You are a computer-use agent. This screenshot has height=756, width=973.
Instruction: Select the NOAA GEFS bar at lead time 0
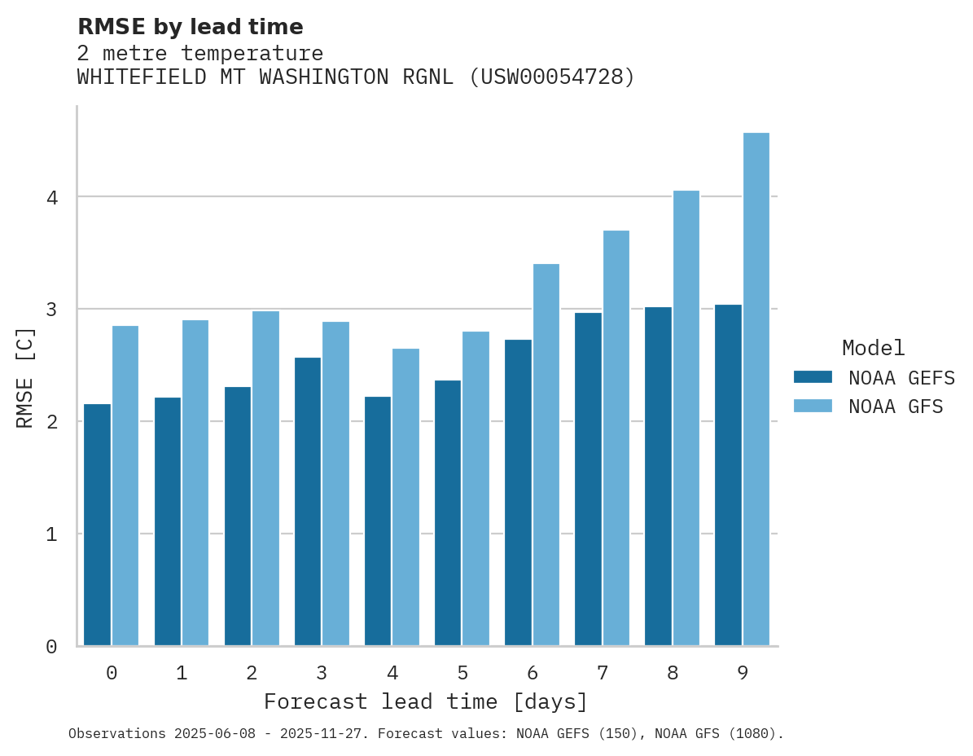tap(98, 525)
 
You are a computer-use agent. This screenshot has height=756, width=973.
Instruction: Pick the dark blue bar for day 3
tap(308, 501)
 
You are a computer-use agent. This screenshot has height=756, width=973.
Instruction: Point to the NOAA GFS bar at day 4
tap(406, 497)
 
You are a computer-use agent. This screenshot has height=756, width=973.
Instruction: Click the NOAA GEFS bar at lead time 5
tap(448, 512)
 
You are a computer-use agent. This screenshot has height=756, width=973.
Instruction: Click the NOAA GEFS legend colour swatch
tap(813, 377)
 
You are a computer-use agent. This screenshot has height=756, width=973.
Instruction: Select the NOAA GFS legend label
tap(896, 407)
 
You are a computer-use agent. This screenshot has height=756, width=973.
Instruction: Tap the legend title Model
tap(873, 349)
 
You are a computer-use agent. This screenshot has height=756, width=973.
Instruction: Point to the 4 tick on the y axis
tap(50, 197)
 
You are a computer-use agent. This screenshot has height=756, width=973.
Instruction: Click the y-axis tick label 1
tap(50, 534)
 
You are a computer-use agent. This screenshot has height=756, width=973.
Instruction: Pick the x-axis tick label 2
tap(252, 673)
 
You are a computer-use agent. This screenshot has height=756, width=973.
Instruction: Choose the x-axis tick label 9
tap(743, 673)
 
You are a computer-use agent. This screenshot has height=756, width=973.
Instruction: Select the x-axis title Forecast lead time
tap(425, 702)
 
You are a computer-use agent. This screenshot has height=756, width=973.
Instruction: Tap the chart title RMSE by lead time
tap(191, 27)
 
